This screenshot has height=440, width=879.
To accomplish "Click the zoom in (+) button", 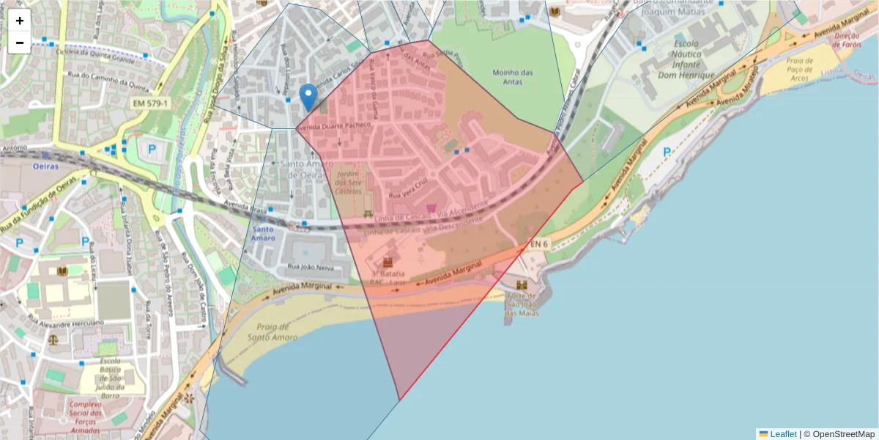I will click(x=20, y=21).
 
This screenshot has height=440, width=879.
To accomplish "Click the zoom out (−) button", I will click(x=20, y=43).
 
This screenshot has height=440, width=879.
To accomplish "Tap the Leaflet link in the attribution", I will click(x=782, y=434).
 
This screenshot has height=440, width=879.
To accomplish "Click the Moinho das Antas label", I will click(x=513, y=76).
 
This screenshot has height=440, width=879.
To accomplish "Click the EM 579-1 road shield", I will click(x=151, y=104).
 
